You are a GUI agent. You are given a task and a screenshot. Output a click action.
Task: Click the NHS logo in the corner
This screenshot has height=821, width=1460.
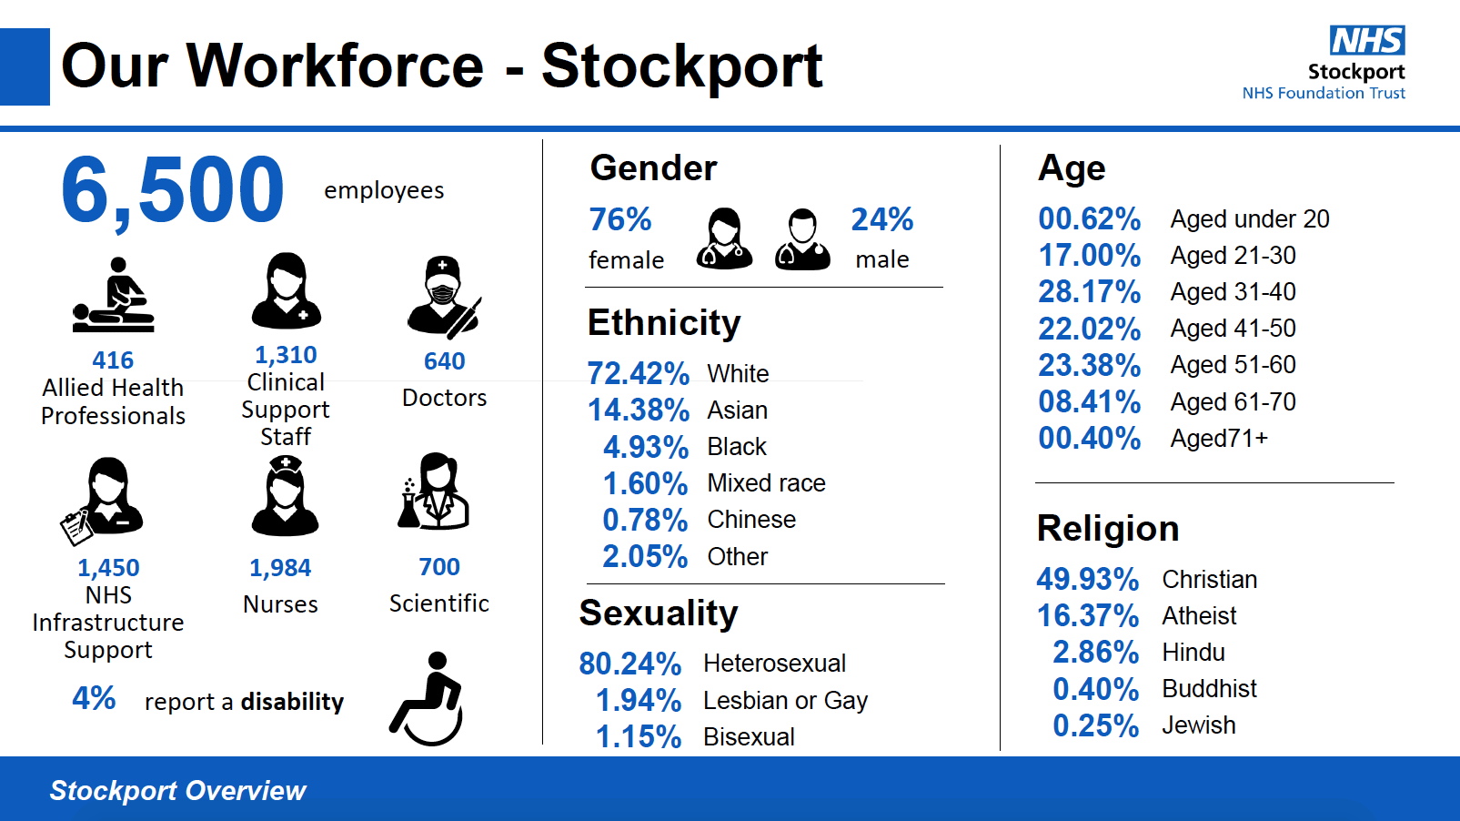pos(1366,41)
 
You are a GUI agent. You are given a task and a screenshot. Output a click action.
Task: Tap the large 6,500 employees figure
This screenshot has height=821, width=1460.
pos(173,190)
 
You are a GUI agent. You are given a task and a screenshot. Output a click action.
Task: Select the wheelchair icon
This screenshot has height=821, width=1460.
pos(428,699)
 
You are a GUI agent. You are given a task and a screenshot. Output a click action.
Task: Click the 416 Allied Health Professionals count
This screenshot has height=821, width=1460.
pos(113,360)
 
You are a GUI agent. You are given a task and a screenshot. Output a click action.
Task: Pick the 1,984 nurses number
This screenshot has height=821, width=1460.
pos(280,568)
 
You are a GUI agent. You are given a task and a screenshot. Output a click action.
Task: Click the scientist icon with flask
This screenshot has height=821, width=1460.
pos(433,492)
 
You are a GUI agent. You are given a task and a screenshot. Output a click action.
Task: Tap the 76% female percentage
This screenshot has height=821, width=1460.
pos(620,219)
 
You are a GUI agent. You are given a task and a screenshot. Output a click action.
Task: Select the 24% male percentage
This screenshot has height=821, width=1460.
pos(881,219)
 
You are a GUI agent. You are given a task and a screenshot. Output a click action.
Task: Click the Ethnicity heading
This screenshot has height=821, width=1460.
pos(664,323)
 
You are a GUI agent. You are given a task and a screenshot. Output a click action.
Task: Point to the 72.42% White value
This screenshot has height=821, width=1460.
pos(639,373)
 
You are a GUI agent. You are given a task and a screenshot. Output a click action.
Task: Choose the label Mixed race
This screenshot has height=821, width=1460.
pos(766,483)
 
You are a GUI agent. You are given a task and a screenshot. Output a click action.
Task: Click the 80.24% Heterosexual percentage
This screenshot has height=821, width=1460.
pos(630,664)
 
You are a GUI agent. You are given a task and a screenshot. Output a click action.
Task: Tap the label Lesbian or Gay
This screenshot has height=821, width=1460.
pos(785,700)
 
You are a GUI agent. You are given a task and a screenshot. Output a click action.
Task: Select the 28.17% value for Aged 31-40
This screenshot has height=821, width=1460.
pos(1089,292)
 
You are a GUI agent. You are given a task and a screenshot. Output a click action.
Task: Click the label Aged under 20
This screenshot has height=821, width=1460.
pos(1250,219)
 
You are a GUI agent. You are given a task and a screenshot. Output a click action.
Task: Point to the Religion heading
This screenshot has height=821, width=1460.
pos(1108,529)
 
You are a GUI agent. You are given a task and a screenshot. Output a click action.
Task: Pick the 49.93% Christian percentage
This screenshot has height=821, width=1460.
pos(1087,579)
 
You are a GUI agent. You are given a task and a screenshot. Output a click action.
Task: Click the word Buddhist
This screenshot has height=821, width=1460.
pos(1209,689)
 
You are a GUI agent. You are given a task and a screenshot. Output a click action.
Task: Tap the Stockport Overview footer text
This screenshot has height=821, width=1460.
pos(178,791)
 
